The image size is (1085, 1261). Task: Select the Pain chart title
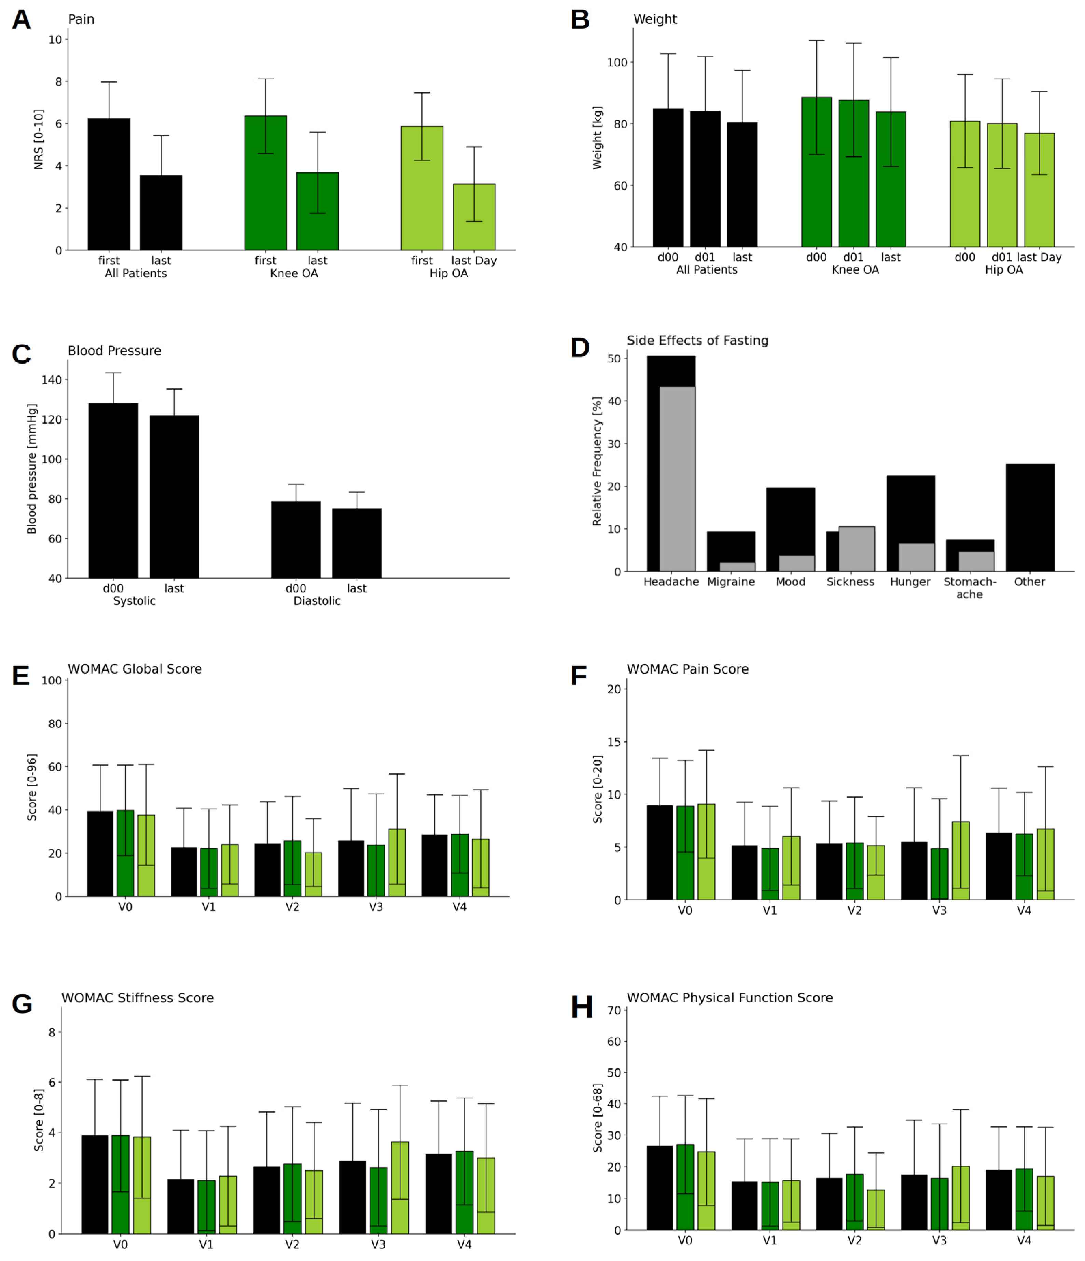pyautogui.click(x=81, y=19)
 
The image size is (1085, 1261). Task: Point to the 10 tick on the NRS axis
pyautogui.click(x=55, y=40)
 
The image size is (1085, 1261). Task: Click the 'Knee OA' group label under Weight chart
pyautogui.click(x=854, y=269)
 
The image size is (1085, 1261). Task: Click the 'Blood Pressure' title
pyautogui.click(x=114, y=350)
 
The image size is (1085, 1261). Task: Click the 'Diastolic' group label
pyautogui.click(x=317, y=601)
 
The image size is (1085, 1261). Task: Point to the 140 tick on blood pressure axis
pyautogui.click(x=52, y=380)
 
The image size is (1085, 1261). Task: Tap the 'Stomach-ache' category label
pyautogui.click(x=969, y=588)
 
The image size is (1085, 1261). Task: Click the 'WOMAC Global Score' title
pyautogui.click(x=135, y=669)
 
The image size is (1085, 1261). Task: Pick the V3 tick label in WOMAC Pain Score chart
pyautogui.click(x=938, y=911)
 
